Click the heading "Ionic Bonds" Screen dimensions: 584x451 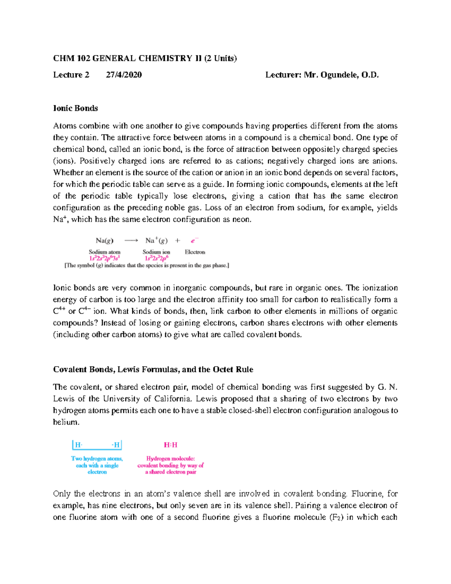pyautogui.click(x=76, y=108)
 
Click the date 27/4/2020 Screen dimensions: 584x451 pyautogui.click(x=124, y=75)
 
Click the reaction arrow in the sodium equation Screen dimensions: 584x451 pyautogui.click(x=131, y=241)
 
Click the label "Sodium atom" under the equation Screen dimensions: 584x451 pyautogui.click(x=104, y=252)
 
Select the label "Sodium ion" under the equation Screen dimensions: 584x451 pyautogui.click(x=156, y=252)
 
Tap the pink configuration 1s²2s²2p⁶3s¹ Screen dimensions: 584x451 pyautogui.click(x=104, y=258)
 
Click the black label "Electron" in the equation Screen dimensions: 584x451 pyautogui.click(x=195, y=252)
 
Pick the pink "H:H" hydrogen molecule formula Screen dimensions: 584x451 pyautogui.click(x=171, y=445)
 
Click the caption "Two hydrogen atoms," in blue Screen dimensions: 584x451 pyautogui.click(x=97, y=458)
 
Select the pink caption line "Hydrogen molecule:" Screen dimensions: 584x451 pyautogui.click(x=171, y=458)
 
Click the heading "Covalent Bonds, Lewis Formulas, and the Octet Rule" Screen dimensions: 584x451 pyautogui.click(x=153, y=369)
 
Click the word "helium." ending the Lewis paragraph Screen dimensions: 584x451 pyautogui.click(x=67, y=422)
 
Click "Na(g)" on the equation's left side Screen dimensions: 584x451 pyautogui.click(x=104, y=241)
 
